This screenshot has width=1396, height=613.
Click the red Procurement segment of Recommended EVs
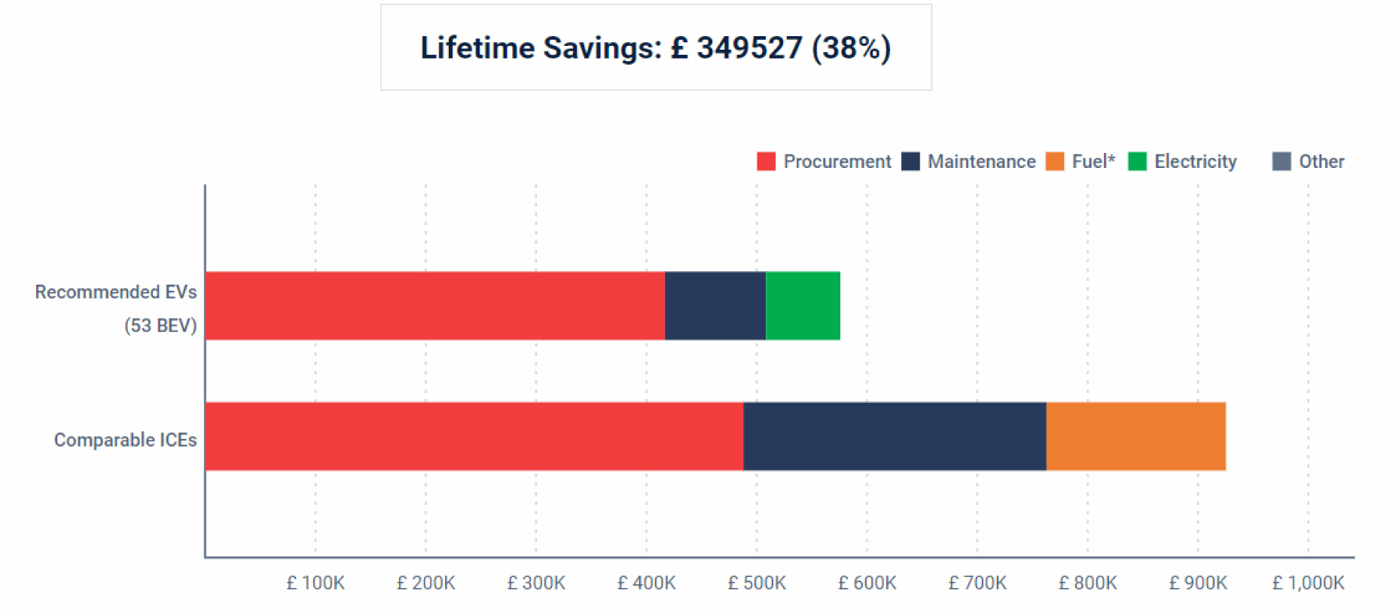434,306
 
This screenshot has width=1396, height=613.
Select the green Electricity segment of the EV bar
803,306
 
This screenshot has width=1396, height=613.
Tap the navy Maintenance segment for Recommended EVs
715,306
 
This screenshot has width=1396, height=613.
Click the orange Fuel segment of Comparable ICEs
1135,437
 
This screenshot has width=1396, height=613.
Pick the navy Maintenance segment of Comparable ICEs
895,437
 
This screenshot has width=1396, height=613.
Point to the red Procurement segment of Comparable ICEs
474,437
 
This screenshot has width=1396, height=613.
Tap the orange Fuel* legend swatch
1055,162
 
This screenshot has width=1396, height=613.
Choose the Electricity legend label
1195,162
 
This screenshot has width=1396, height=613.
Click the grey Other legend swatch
1282,162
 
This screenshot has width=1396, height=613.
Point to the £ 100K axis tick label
315,583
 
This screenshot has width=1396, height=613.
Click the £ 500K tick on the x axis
757,583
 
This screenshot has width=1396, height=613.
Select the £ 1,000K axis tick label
1308,583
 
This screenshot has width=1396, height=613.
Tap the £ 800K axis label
1087,583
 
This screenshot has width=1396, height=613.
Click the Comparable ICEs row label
125,440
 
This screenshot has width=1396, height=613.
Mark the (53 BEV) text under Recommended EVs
160,325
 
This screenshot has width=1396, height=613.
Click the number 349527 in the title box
749,48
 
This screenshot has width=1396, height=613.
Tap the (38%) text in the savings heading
851,48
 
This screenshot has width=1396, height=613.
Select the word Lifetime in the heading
477,48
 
